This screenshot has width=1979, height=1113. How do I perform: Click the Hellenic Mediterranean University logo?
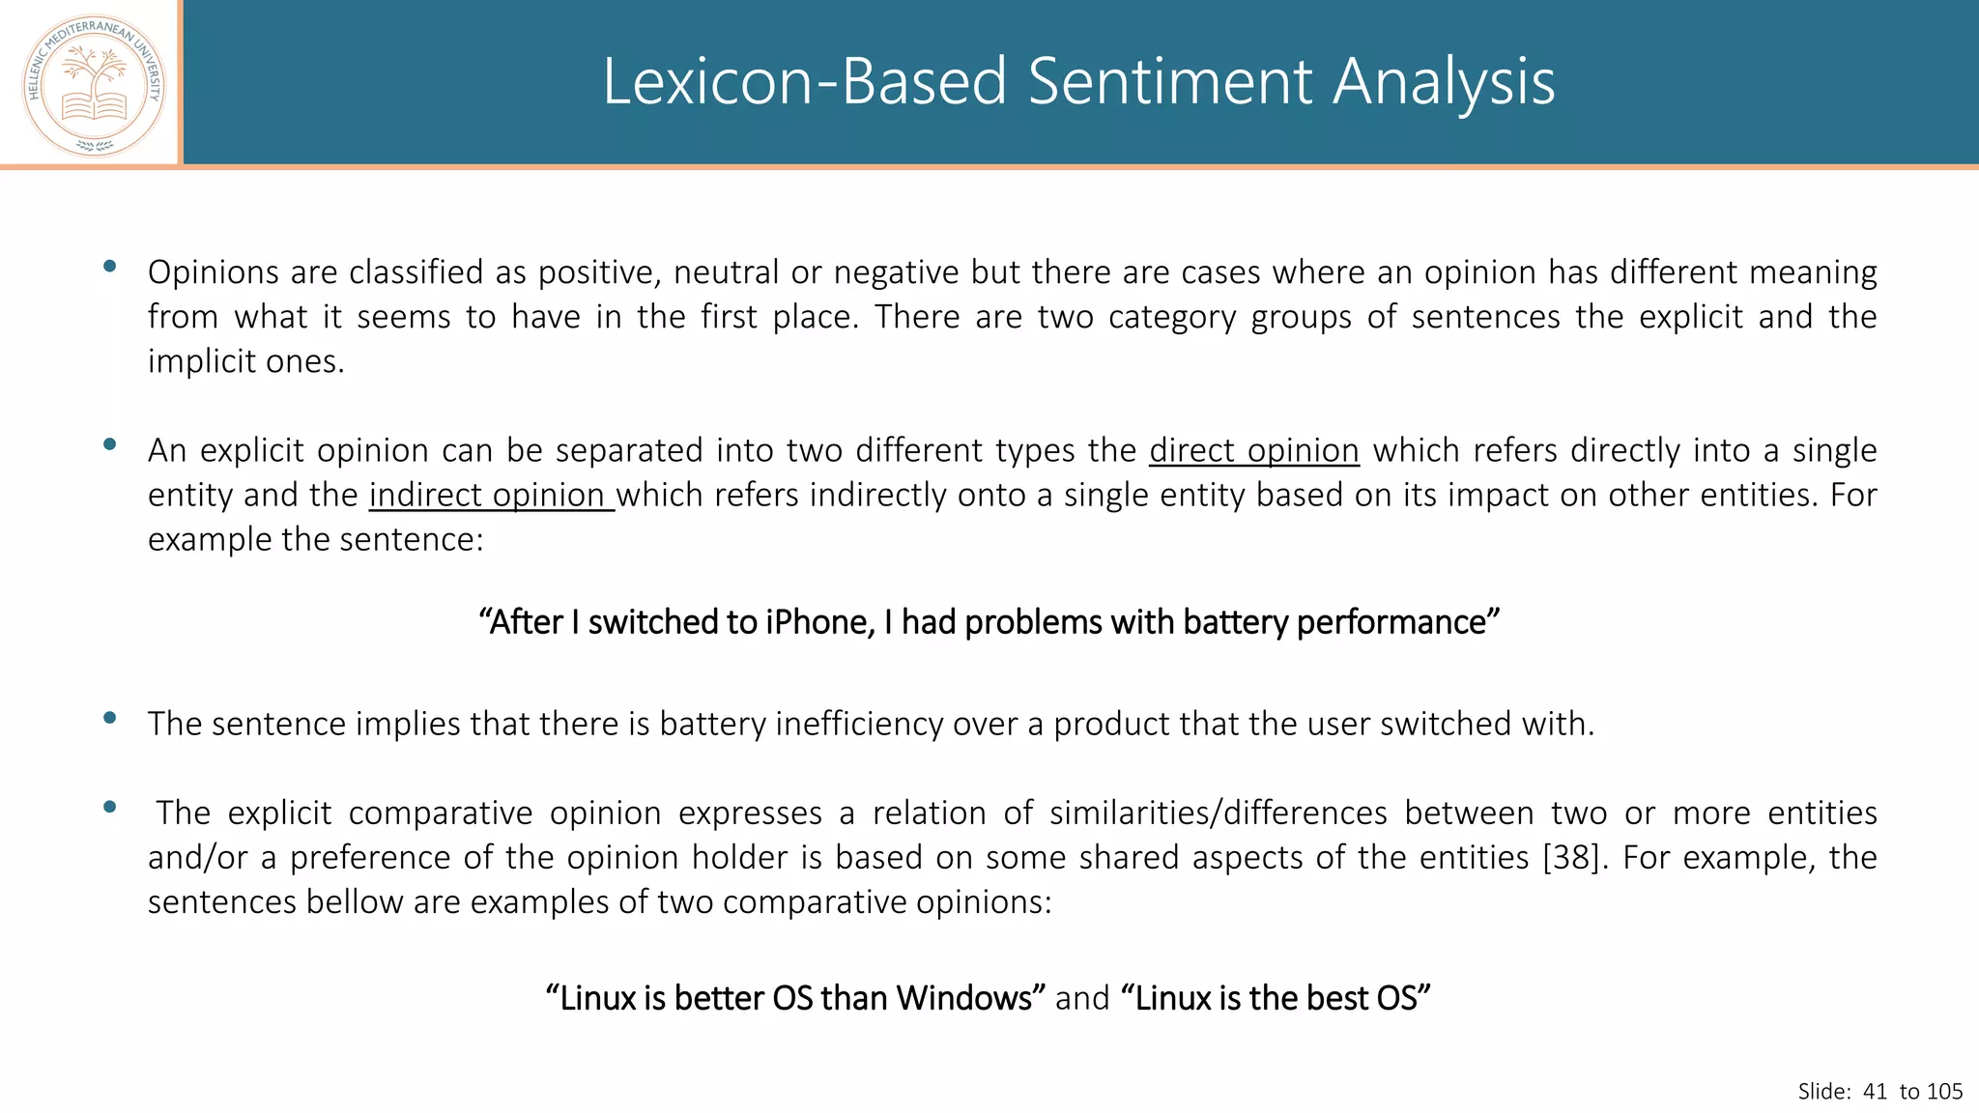pos(94,85)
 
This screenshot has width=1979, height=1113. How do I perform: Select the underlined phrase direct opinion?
pos(1253,450)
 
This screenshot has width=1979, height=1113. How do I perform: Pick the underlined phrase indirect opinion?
pos(491,495)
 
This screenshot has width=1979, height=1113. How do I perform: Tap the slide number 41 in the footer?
pos(1875,1092)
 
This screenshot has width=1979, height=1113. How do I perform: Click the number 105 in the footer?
pos(1944,1092)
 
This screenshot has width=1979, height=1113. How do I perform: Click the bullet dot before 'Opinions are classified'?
pos(110,266)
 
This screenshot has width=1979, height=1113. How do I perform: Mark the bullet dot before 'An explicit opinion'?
pos(110,444)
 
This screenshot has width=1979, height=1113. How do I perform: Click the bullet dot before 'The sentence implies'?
pos(110,718)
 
